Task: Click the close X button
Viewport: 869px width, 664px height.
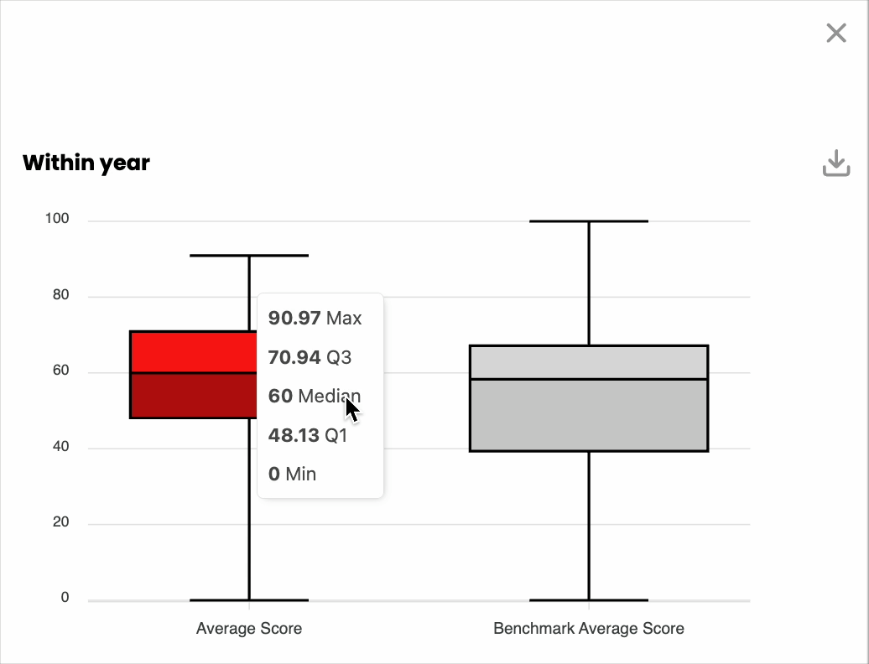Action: (x=836, y=33)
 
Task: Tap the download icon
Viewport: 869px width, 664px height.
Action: (x=836, y=163)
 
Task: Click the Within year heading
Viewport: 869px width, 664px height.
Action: (x=86, y=163)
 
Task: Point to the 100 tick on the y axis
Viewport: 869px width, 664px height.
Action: (x=57, y=219)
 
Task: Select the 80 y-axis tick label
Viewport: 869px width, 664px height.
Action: (x=61, y=294)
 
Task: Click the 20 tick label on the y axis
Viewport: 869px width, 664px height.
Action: (x=61, y=521)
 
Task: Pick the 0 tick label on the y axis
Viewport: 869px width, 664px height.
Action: (x=65, y=598)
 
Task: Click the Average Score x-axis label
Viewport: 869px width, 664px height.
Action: (x=249, y=629)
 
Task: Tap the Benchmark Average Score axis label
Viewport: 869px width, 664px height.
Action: (x=589, y=629)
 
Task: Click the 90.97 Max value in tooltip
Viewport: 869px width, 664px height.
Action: (x=315, y=319)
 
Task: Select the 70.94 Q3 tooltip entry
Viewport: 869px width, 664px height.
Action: (x=310, y=357)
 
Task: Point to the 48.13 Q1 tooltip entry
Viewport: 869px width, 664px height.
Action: (x=308, y=435)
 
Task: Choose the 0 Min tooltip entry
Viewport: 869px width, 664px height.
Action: (x=292, y=474)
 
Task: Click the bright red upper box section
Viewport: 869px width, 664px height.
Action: (x=194, y=352)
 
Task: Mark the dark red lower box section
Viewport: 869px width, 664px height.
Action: (x=194, y=396)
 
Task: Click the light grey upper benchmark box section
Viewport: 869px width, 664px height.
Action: (x=589, y=362)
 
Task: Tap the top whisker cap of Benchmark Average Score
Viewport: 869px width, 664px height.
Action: (x=589, y=221)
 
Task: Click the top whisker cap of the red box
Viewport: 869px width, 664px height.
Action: (x=249, y=256)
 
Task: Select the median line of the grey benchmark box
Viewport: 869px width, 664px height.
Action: (x=589, y=379)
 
